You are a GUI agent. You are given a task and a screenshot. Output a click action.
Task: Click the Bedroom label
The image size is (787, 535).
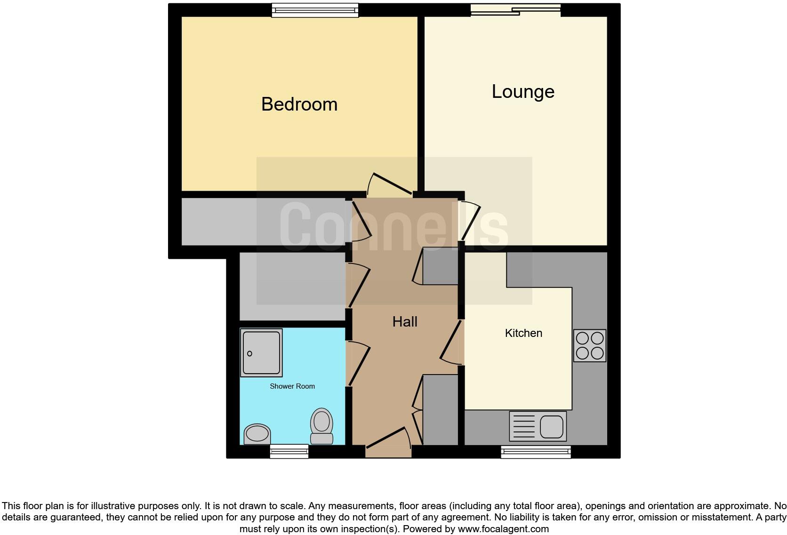pos(299,104)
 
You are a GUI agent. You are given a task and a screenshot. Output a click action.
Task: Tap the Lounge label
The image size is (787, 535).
pos(523,91)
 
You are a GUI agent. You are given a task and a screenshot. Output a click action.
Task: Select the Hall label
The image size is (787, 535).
pos(405,322)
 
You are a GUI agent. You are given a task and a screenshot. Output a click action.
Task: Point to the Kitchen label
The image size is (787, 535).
pos(523,333)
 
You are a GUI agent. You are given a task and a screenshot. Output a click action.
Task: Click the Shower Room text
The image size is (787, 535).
pos(292,386)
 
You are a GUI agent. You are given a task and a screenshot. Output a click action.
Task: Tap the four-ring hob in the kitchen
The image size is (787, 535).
pos(590,345)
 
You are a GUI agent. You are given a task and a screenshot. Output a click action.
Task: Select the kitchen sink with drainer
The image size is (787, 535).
pos(538,426)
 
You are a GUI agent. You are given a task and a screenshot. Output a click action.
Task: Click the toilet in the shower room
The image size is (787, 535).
pos(321,426)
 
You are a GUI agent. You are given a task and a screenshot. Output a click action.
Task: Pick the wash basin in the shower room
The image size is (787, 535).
pos(257,433)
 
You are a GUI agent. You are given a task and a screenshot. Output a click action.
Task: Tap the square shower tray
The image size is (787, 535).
pos(261,352)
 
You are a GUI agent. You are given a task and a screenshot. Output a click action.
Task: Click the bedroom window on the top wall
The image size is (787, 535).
pos(315,10)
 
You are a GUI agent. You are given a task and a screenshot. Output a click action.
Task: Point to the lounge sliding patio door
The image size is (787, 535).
pos(516,10)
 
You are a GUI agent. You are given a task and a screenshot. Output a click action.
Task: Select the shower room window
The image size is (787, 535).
pos(289,451)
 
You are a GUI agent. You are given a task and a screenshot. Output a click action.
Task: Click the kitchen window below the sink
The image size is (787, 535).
pos(536,452)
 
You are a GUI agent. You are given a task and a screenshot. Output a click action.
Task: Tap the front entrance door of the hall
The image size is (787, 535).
pos(389,442)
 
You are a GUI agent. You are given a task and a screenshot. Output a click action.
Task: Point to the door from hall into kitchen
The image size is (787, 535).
pos(452,342)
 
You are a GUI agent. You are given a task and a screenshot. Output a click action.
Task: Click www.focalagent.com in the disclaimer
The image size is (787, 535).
pos(503,529)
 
